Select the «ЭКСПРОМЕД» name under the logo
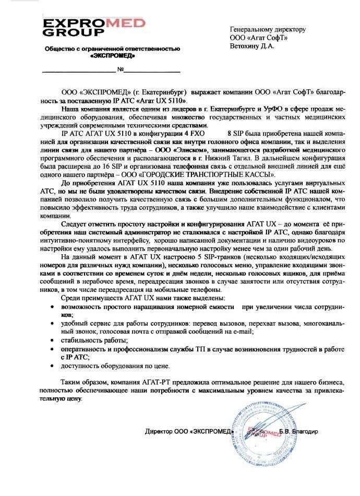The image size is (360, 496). (112, 55)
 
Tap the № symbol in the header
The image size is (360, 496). (120, 69)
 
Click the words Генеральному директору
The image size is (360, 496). (268, 30)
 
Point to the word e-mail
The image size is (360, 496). (241, 332)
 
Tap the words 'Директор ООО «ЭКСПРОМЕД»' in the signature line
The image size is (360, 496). (188, 432)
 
